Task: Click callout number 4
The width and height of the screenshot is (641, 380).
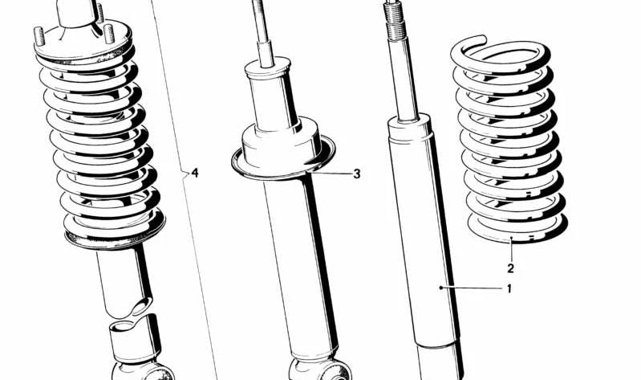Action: [x=195, y=173]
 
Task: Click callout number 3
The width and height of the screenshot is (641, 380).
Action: [x=357, y=174]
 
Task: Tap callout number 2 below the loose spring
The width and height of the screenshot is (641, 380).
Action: [x=510, y=268]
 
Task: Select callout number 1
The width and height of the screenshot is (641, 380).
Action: [x=509, y=289]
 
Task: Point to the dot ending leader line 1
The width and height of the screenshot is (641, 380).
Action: [x=440, y=288]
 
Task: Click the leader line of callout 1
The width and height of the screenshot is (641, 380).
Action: [x=472, y=288]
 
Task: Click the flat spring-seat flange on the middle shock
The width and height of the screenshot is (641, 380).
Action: [x=283, y=161]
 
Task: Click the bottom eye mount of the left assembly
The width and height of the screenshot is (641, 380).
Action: [x=143, y=370]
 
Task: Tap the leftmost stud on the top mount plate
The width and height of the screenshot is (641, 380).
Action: [x=39, y=35]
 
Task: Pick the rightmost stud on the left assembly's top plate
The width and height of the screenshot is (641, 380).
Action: [x=109, y=33]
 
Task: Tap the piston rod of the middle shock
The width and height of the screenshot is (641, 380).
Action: [x=263, y=33]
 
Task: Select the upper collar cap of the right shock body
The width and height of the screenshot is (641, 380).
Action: [x=410, y=129]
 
